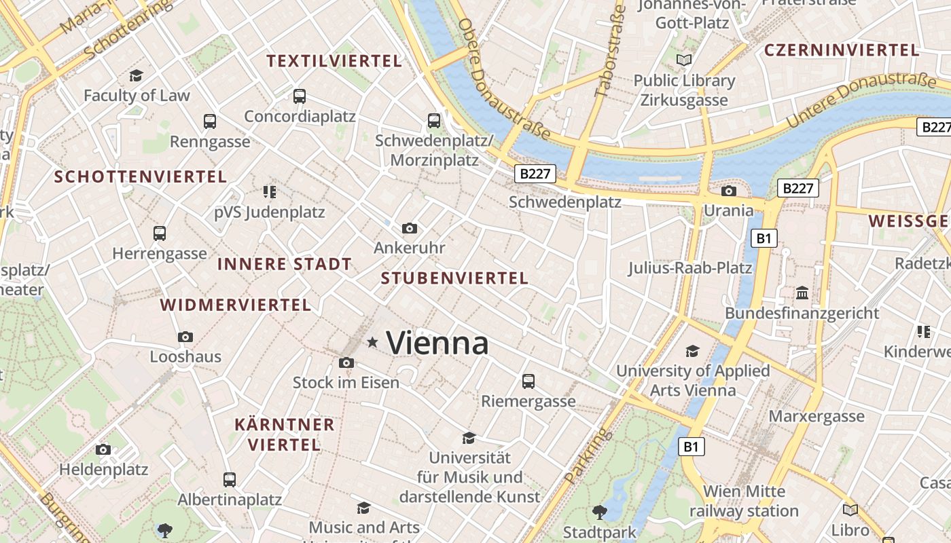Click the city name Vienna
pos(437,343)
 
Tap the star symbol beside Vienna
pos(372,343)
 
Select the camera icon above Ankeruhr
pos(409,228)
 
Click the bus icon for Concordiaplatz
pos(300,96)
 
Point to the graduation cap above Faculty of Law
pos(137,75)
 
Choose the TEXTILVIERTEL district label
pos(334,61)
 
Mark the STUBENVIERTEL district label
pos(454,278)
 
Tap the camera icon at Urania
pos(729,191)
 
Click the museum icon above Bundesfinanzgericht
pos(802,293)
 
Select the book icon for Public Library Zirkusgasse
pos(684,60)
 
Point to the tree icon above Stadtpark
pos(599,512)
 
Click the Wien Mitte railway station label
pos(744,501)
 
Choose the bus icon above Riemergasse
pos(528,381)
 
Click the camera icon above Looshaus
pos(185,337)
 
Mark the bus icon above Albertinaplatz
pos(230,479)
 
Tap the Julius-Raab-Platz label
pos(689,268)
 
